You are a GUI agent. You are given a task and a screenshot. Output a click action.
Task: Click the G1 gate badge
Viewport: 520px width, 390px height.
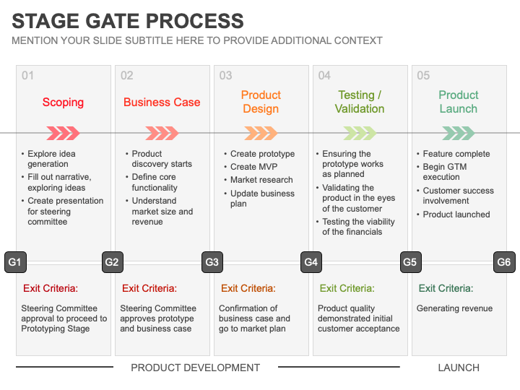15,262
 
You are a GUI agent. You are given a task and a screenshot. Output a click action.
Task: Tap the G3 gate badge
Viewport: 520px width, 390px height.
212,262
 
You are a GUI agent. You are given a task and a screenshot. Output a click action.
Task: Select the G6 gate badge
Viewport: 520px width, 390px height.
503,262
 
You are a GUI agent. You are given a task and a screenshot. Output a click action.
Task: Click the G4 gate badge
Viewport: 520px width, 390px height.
311,262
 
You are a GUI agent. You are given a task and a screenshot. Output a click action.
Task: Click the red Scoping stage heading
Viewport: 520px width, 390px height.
63,103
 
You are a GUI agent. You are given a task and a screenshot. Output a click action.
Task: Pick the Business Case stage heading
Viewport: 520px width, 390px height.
162,103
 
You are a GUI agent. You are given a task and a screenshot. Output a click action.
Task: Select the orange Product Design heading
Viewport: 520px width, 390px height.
261,102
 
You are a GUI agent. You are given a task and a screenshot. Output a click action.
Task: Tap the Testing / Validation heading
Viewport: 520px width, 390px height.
360,102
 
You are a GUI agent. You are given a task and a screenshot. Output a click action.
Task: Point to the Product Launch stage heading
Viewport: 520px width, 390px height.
459,102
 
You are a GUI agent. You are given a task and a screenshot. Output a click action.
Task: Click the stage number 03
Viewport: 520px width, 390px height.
226,76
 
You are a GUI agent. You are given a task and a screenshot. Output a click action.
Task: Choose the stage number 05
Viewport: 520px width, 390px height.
423,76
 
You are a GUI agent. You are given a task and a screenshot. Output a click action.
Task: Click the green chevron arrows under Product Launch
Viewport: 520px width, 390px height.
458,133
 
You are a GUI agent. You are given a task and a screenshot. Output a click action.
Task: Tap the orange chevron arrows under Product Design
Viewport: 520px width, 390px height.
261,133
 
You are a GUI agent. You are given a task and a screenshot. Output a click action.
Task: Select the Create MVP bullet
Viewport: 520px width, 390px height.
253,167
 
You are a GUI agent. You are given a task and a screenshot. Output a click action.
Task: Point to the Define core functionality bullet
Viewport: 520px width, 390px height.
155,183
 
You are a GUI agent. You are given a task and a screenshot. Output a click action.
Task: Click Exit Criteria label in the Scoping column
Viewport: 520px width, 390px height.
51,288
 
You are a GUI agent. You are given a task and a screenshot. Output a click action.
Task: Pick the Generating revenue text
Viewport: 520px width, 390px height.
454,308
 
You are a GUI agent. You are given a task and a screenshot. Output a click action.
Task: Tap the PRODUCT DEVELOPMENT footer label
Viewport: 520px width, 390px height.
195,368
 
